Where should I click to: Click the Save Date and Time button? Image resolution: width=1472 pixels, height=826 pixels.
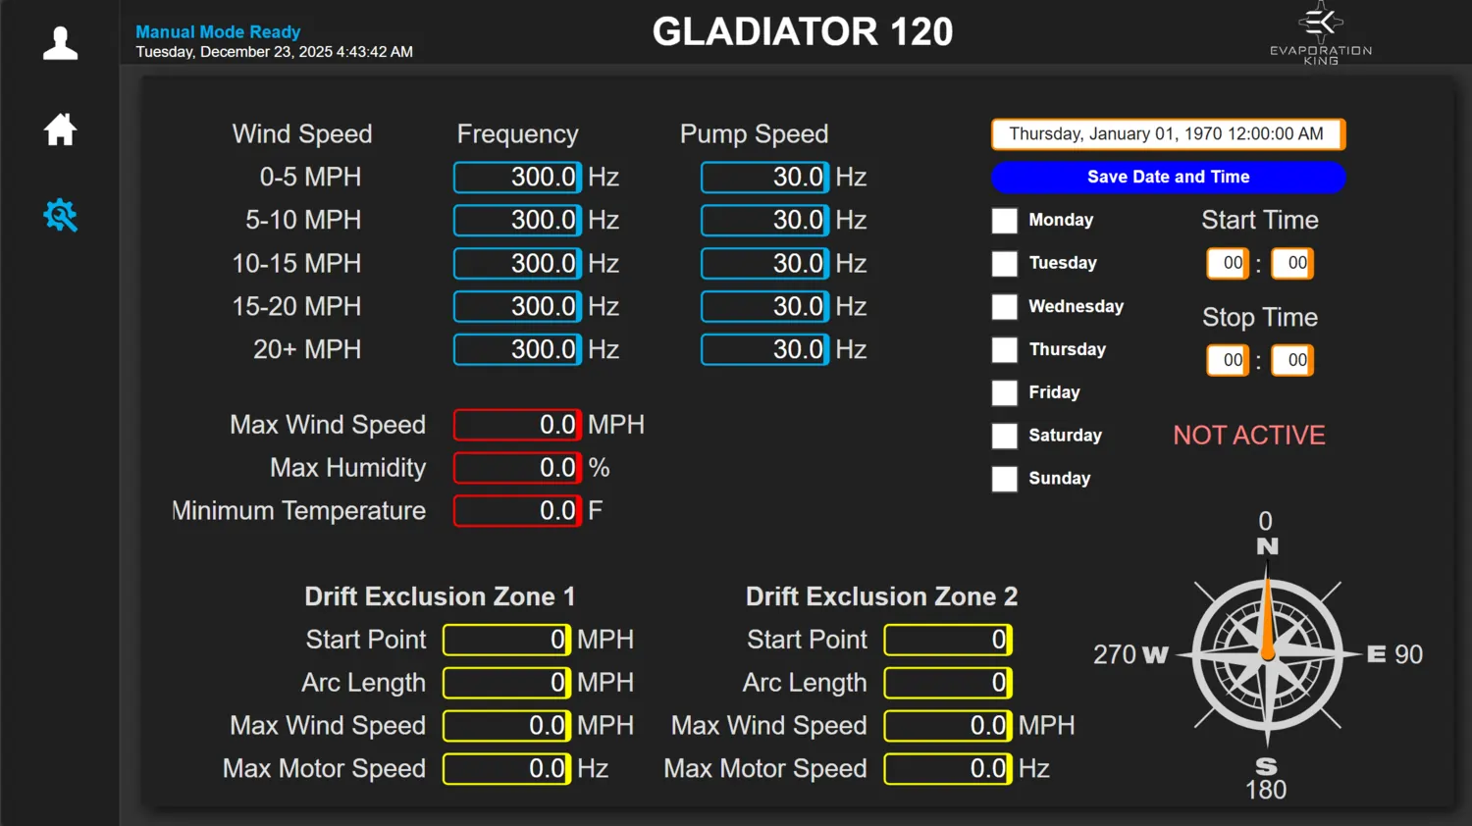pyautogui.click(x=1169, y=177)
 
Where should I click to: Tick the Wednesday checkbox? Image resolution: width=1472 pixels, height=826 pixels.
pyautogui.click(x=1004, y=306)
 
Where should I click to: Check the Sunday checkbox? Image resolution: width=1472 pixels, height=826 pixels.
pyautogui.click(x=1004, y=479)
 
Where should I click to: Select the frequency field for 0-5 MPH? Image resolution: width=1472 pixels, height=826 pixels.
pyautogui.click(x=517, y=177)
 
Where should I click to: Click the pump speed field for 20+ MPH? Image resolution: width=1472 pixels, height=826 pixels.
pyautogui.click(x=764, y=349)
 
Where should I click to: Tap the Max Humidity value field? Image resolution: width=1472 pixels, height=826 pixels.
pyautogui.click(x=517, y=468)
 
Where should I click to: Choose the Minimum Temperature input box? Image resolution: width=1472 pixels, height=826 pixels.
pyautogui.click(x=517, y=510)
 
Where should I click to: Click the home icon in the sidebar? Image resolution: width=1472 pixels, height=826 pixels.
pyautogui.click(x=60, y=129)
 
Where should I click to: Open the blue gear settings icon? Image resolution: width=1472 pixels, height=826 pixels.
pyautogui.click(x=60, y=216)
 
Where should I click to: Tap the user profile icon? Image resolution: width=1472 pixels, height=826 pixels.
pyautogui.click(x=60, y=43)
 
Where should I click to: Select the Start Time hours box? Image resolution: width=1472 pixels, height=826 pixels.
pyautogui.click(x=1228, y=264)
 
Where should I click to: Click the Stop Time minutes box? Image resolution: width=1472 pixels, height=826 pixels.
pyautogui.click(x=1292, y=360)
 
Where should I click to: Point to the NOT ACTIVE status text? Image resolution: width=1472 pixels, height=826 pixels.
pyautogui.click(x=1249, y=435)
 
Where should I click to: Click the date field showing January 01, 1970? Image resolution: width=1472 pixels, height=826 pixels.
pyautogui.click(x=1169, y=134)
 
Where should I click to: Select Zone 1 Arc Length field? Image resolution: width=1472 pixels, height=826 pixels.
pyautogui.click(x=506, y=683)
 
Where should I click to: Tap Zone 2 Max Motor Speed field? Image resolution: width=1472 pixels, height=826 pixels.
pyautogui.click(x=948, y=769)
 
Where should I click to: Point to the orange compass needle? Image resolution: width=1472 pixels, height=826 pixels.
pyautogui.click(x=1268, y=615)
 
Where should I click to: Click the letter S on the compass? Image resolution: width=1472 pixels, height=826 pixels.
pyautogui.click(x=1266, y=767)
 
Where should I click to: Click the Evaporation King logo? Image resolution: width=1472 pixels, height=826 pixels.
pyautogui.click(x=1321, y=32)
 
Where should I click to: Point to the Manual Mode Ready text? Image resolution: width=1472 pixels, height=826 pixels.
pyautogui.click(x=218, y=31)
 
